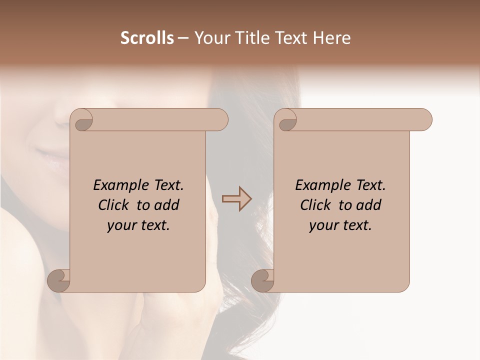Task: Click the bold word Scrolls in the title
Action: [147, 38]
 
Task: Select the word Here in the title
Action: [332, 38]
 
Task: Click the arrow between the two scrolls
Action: [236, 199]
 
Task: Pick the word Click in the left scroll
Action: [114, 205]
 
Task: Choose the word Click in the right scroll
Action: [316, 205]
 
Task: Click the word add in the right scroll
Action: [367, 205]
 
